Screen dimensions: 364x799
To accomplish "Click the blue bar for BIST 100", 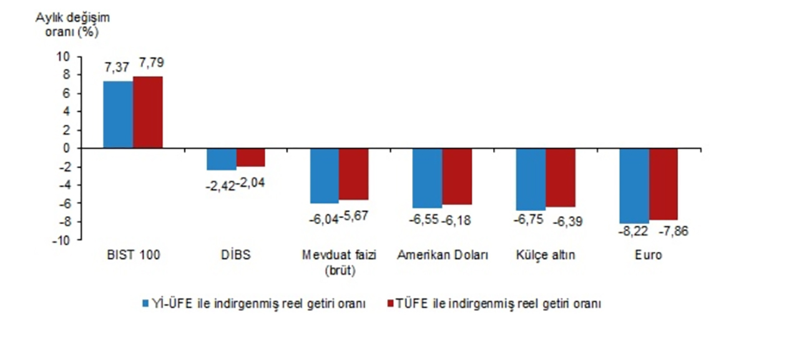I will (x=118, y=115).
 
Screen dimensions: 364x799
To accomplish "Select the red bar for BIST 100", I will (x=147, y=112).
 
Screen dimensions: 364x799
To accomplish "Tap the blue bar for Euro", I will (x=634, y=185).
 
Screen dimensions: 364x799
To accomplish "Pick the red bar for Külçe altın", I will (x=560, y=177).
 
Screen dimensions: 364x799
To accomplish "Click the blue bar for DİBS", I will (x=222, y=159).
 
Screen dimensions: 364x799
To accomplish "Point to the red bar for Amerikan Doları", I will (x=457, y=177).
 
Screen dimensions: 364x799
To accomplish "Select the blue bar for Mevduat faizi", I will (x=325, y=175).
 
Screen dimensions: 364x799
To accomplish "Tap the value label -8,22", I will (x=634, y=231).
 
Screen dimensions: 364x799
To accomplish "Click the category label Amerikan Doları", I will (x=443, y=255).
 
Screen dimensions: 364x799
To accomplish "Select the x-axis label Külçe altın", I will (x=546, y=255).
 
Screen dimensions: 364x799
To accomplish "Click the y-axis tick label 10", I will (x=66, y=57).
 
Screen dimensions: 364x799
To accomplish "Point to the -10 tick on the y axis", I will (x=63, y=240).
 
